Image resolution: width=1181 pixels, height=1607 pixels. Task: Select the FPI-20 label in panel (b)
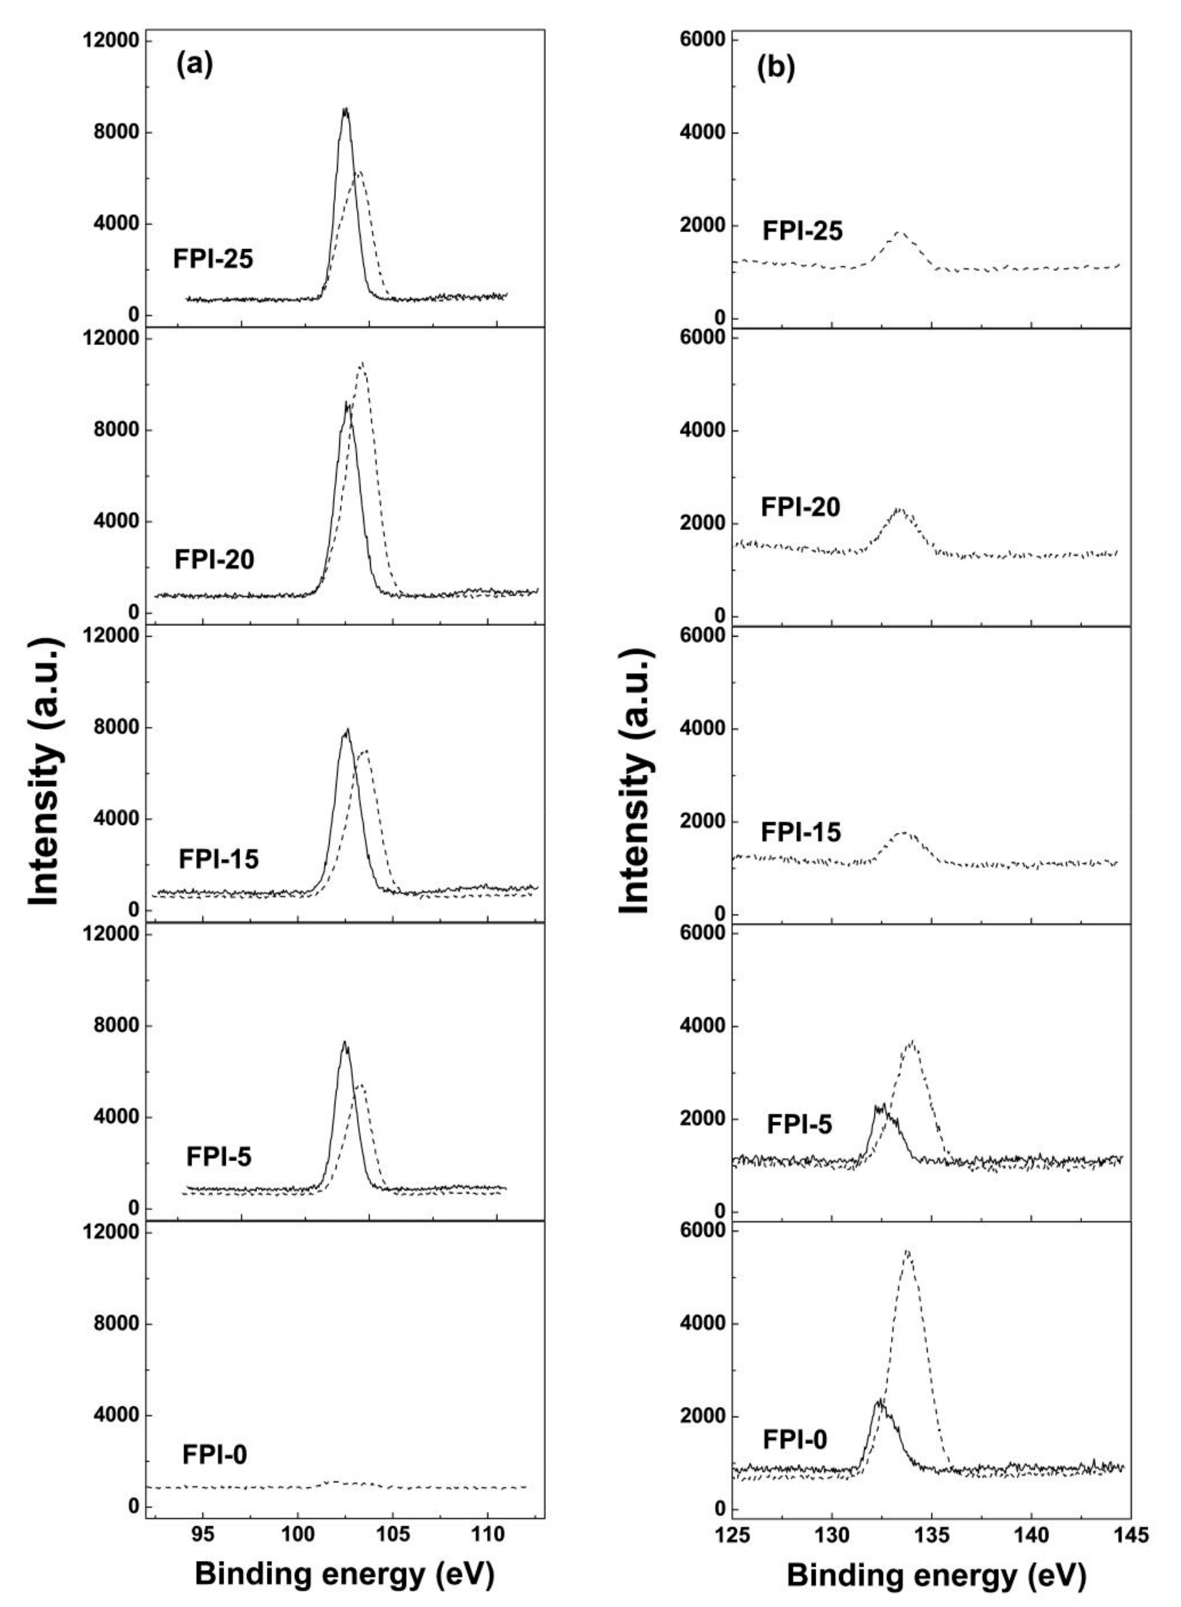pos(800,507)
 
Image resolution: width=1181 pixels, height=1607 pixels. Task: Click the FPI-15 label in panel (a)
pos(218,858)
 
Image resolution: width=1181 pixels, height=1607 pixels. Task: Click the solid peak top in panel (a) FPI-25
pos(346,110)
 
